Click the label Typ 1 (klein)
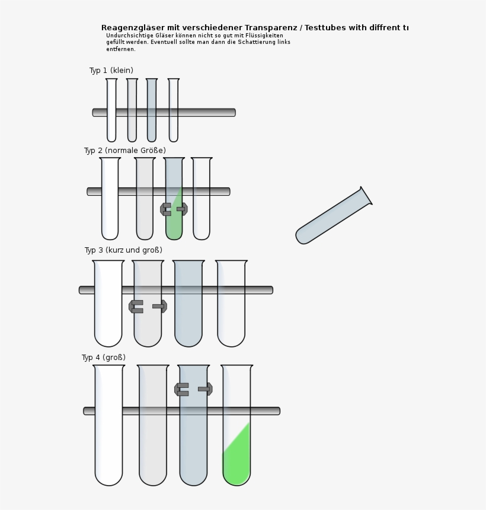111,71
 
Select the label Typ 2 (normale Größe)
124,151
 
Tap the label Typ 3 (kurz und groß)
123,250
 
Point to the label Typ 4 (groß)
104,358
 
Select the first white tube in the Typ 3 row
108,314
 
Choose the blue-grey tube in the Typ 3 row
188,314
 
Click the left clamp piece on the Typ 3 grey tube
136,307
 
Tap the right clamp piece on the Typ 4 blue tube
206,389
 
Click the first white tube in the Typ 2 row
110,213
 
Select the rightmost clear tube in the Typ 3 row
231,314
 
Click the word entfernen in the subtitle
120,49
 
